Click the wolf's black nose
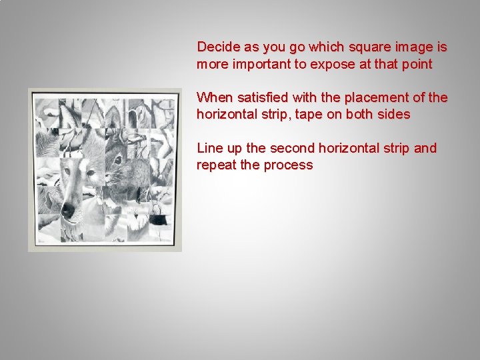pyautogui.click(x=68, y=211)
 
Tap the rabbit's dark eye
pyautogui.click(x=117, y=161)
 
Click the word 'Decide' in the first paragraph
pyautogui.click(x=217, y=47)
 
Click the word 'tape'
pyautogui.click(x=309, y=115)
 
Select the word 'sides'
pyautogui.click(x=394, y=115)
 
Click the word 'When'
pyautogui.click(x=213, y=97)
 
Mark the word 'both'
pyautogui.click(x=360, y=115)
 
